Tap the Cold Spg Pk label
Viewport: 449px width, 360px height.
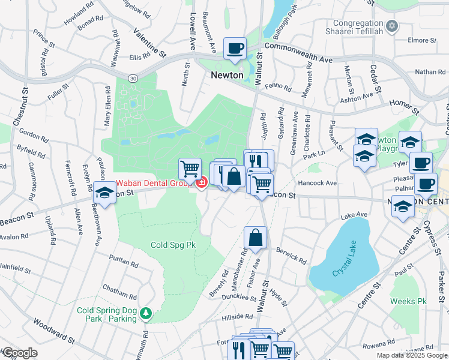point(173,245)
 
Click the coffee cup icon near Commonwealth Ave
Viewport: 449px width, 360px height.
point(235,48)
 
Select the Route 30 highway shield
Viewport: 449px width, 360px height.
point(132,77)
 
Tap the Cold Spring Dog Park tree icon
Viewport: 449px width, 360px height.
point(145,314)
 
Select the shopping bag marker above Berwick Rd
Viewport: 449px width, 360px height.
point(256,238)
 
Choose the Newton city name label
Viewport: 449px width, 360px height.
point(227,76)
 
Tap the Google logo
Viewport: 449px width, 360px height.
point(20,353)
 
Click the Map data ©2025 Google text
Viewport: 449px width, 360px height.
point(411,355)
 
